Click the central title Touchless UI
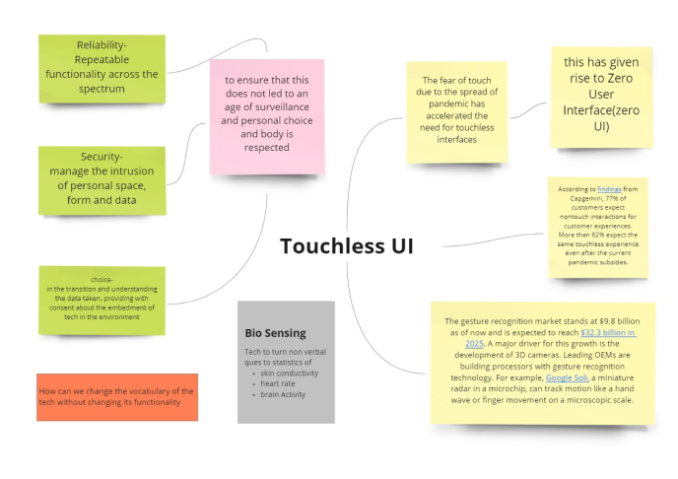click(347, 245)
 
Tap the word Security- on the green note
click(102, 157)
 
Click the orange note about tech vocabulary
click(117, 396)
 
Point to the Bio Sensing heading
click(275, 333)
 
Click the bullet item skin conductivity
click(290, 375)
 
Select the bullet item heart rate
click(278, 384)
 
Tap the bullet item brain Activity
click(284, 394)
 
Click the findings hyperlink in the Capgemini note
click(609, 187)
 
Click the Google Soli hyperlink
click(568, 376)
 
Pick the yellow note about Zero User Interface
click(601, 94)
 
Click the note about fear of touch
click(457, 110)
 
